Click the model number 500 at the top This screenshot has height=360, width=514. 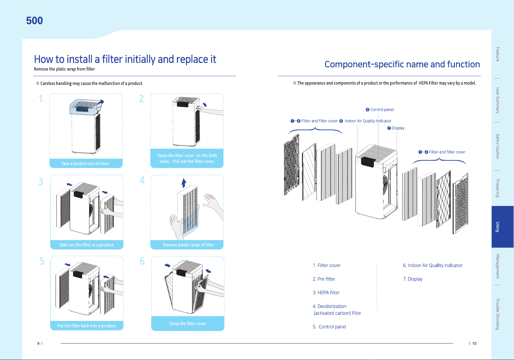point(34,21)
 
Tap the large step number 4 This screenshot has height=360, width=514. point(142,180)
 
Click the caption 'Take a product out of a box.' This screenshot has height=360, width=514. point(85,164)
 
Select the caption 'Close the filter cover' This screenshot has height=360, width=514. point(188,323)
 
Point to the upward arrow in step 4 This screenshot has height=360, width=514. point(184,183)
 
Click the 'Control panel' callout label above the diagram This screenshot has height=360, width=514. point(380,110)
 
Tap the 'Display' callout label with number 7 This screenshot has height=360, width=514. point(396,128)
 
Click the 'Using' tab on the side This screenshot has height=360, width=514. point(497,227)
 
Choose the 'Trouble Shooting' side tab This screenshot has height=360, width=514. point(497,314)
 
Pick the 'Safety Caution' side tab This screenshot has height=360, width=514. point(497,146)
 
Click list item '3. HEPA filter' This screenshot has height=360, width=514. point(326,293)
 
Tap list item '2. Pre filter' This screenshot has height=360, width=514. point(324,279)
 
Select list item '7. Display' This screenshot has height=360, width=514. point(413,279)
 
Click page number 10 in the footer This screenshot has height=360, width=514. point(474,343)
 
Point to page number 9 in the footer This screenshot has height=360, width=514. point(38,343)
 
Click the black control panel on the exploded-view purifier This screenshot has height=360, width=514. point(368,162)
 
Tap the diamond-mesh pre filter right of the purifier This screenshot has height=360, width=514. point(443,199)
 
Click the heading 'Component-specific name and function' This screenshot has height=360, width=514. point(402,64)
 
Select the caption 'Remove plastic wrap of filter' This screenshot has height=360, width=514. point(188,245)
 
